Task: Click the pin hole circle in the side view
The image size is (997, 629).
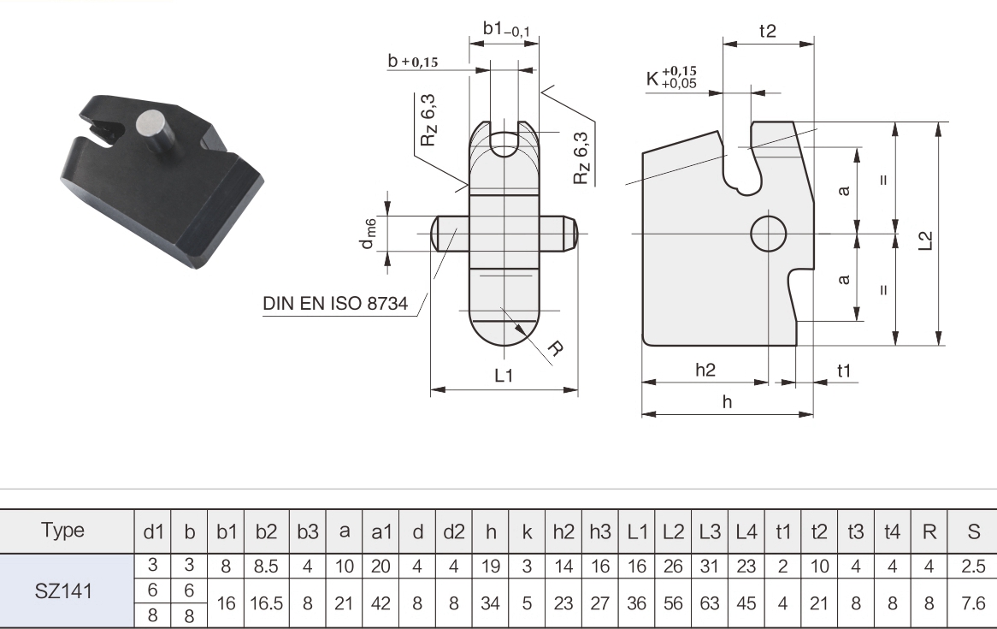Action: point(768,233)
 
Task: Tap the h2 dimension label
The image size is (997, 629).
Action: point(705,370)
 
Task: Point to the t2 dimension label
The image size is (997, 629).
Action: point(767,32)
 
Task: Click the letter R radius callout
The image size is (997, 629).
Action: point(555,348)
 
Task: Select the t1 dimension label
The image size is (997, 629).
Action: point(845,370)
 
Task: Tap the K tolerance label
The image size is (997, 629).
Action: point(672,78)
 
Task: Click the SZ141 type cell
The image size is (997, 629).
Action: point(72,590)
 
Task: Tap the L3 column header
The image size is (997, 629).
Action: point(708,531)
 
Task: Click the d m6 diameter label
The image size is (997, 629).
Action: point(369,233)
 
